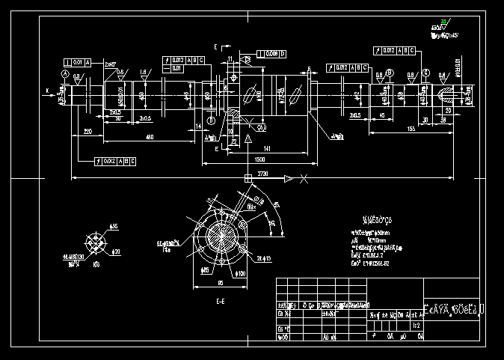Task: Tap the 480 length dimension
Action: (150, 137)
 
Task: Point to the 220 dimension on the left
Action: (87, 131)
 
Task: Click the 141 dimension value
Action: (267, 149)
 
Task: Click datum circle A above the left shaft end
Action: (65, 76)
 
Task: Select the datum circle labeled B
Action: (211, 120)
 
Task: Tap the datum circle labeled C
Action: (425, 73)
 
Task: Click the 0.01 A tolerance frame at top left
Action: (78, 61)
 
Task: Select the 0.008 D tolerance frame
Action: (271, 54)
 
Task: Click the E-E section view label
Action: (221, 301)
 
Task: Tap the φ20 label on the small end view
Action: (117, 251)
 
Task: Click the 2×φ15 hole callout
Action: (264, 258)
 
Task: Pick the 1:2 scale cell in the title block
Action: (416, 326)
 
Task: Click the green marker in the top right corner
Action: (443, 22)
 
